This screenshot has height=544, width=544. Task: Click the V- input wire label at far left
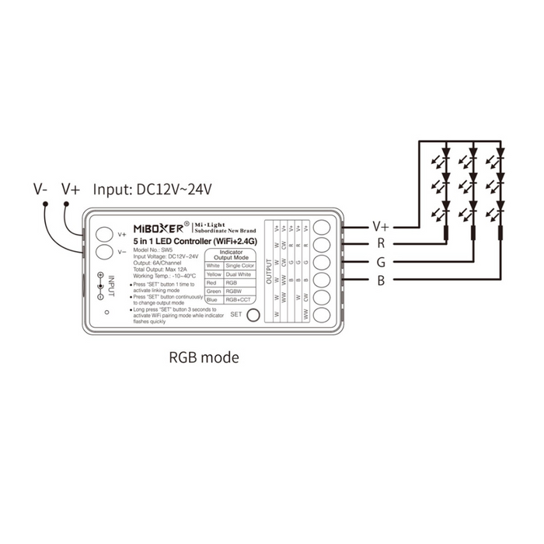coord(41,189)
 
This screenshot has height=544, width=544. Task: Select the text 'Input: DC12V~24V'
coord(153,189)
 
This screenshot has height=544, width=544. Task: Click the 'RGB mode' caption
coord(204,358)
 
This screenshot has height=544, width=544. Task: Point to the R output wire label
coord(380,244)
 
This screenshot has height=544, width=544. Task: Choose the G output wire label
coord(380,262)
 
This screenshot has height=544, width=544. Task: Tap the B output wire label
coord(380,280)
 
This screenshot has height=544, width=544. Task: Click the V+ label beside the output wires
coord(381,226)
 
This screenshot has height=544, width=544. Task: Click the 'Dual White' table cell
coord(239,274)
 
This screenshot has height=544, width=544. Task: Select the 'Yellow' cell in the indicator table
coord(213,274)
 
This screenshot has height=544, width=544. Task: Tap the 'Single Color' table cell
coord(239,265)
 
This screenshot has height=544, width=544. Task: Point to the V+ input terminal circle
coord(104,234)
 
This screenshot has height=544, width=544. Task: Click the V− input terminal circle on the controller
coord(104,252)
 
